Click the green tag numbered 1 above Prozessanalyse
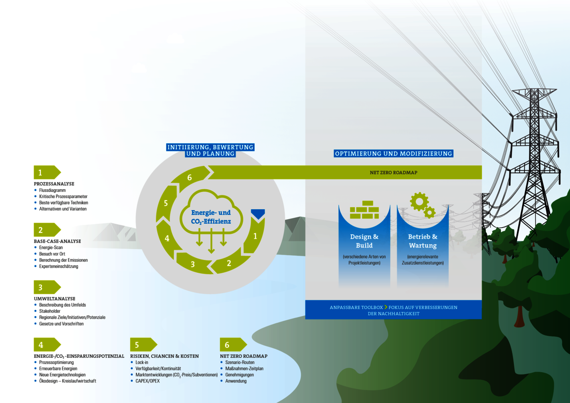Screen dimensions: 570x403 [x=47, y=173]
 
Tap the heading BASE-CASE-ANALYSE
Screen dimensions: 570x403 [x=57, y=241]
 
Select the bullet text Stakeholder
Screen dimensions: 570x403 [x=49, y=311]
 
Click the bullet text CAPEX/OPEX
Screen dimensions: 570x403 [x=148, y=381]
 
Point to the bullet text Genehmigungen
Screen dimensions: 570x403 [x=239, y=375]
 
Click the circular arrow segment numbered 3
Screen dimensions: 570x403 [x=195, y=263]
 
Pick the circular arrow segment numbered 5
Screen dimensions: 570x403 [x=166, y=203]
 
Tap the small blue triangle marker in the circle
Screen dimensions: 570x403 [x=258, y=213]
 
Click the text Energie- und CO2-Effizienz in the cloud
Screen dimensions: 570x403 [x=211, y=217]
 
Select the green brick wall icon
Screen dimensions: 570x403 [x=364, y=210]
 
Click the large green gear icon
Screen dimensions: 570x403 [x=419, y=201]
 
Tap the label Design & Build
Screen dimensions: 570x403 [x=364, y=241]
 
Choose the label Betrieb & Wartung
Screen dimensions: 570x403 [x=423, y=241]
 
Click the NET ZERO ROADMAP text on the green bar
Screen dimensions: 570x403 [x=393, y=173]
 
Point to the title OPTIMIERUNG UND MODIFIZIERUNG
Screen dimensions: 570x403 [x=393, y=154]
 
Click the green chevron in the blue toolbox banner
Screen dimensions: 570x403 [x=386, y=307]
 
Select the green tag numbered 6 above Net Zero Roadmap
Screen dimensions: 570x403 [x=233, y=345]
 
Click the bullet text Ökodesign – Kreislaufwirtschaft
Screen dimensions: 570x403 [x=67, y=381]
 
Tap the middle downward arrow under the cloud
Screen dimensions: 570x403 [x=211, y=241]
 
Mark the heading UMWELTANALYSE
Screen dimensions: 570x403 [x=55, y=298]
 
